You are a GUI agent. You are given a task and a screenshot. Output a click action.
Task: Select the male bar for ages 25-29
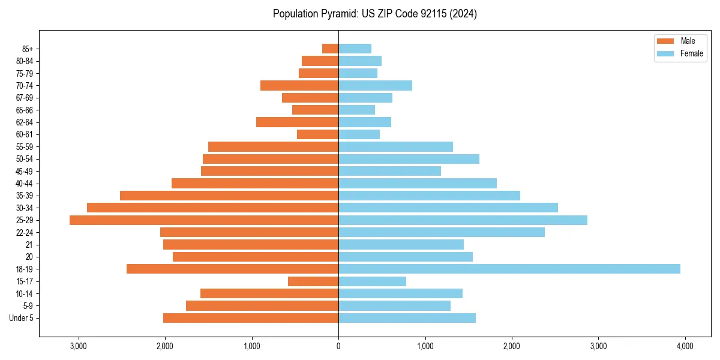tap(204, 220)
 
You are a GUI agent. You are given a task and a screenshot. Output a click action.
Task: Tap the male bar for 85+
tap(331, 49)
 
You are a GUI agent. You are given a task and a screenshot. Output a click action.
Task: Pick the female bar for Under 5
tap(407, 318)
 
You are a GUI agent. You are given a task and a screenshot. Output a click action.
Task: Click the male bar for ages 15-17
tap(313, 281)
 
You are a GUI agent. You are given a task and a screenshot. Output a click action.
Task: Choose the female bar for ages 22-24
tap(442, 232)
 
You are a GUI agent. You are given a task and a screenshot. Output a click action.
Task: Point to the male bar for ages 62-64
tap(298, 122)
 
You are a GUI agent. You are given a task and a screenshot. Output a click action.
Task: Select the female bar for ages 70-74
tap(375, 85)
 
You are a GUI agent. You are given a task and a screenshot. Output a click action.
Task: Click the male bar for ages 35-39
tap(229, 196)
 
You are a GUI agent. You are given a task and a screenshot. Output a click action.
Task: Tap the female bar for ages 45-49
tap(389, 171)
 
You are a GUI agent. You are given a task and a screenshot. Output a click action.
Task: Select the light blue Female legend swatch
tap(666, 53)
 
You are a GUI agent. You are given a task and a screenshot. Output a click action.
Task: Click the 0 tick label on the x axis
tap(338, 346)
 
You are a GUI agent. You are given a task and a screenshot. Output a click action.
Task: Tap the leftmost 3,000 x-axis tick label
tap(79, 346)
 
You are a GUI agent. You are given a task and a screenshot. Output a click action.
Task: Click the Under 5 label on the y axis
tap(22, 318)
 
